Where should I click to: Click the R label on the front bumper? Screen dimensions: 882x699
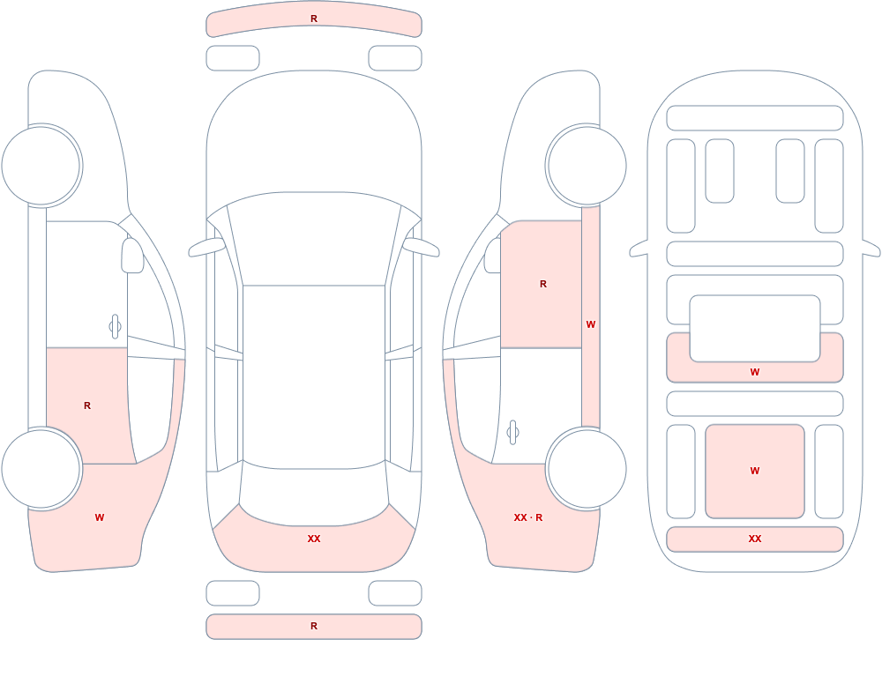(314, 19)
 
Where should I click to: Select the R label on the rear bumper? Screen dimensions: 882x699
(314, 626)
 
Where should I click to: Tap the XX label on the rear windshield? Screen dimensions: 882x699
(314, 539)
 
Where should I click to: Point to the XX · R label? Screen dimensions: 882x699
(528, 517)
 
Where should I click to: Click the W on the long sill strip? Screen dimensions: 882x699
(591, 324)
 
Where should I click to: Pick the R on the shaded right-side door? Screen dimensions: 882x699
(543, 284)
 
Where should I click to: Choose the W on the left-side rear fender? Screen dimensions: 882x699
(100, 517)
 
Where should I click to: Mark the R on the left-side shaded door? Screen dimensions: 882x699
(87, 405)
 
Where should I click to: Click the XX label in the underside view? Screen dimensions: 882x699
(755, 539)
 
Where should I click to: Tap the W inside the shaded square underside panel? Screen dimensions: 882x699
(755, 471)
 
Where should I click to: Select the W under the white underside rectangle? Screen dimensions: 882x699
(755, 372)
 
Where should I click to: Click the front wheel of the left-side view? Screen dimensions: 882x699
(41, 166)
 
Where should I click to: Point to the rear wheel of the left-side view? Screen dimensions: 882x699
(41, 469)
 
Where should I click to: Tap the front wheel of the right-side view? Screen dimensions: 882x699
(587, 166)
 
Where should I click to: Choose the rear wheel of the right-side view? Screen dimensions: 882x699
(587, 469)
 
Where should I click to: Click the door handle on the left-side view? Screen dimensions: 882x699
(115, 326)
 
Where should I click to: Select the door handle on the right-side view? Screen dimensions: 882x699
(512, 433)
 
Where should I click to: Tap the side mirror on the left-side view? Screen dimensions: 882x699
(133, 256)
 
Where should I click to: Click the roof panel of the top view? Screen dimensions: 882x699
(314, 376)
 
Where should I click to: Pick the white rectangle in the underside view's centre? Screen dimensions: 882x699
(755, 329)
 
